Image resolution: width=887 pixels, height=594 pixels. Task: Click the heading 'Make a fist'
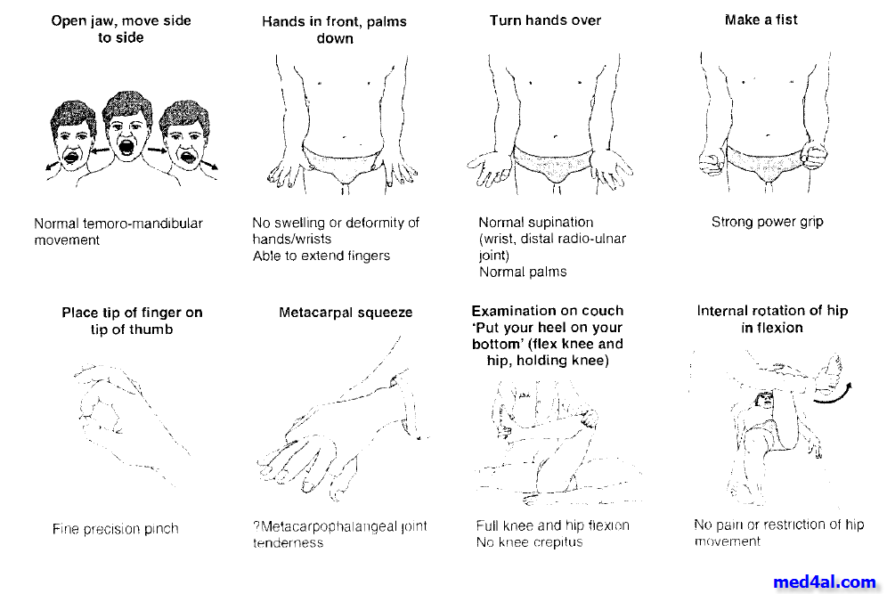click(761, 20)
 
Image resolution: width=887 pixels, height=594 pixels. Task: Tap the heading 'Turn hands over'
click(545, 20)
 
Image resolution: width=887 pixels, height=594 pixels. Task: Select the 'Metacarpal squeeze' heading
click(346, 313)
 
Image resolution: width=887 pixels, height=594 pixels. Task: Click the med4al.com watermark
click(825, 582)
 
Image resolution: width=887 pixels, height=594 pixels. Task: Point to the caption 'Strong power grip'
click(767, 222)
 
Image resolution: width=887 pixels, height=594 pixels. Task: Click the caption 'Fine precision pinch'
click(115, 529)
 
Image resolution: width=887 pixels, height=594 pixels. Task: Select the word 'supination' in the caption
click(563, 223)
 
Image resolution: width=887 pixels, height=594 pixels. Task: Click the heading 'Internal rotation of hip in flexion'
click(772, 319)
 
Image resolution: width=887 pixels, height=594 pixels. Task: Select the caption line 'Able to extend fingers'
click(321, 256)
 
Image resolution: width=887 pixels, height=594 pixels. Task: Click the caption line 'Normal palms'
click(523, 273)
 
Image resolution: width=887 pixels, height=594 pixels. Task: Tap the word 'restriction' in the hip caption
click(794, 525)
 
